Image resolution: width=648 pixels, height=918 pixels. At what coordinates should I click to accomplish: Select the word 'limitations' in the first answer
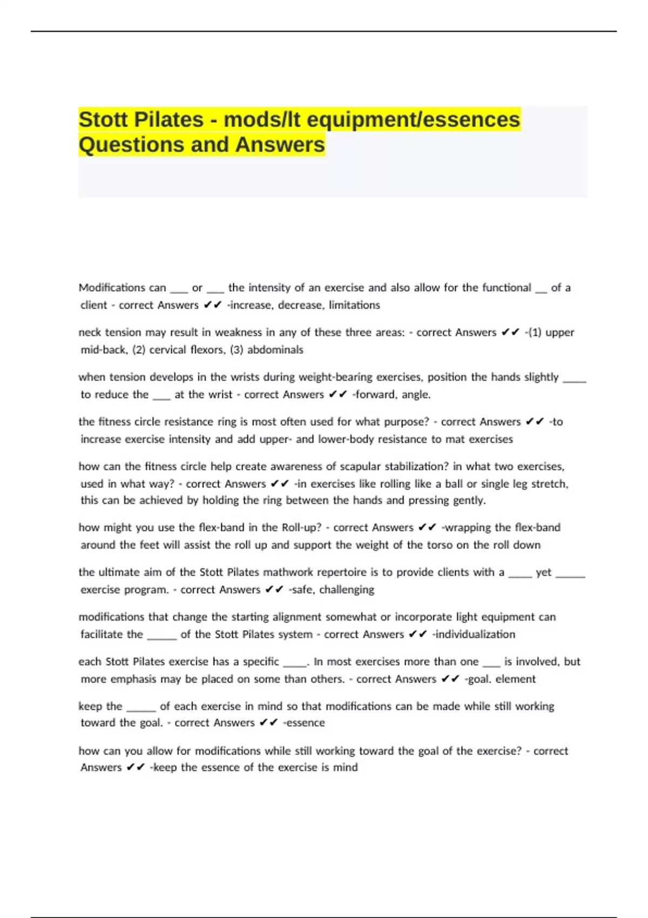tap(354, 305)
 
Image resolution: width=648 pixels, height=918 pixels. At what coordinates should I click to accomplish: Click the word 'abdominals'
tap(275, 350)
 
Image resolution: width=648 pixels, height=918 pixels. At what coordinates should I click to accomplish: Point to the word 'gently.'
tap(469, 501)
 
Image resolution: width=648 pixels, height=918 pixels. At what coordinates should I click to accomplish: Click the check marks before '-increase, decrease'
tap(213, 305)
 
